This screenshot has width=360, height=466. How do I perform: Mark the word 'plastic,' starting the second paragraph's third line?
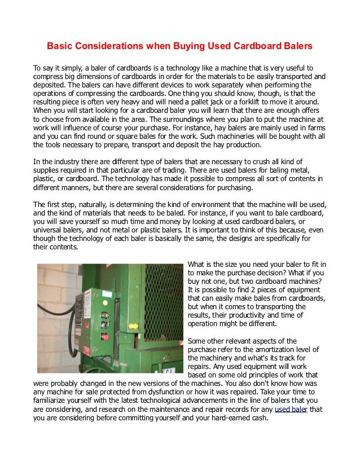pos(45,179)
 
